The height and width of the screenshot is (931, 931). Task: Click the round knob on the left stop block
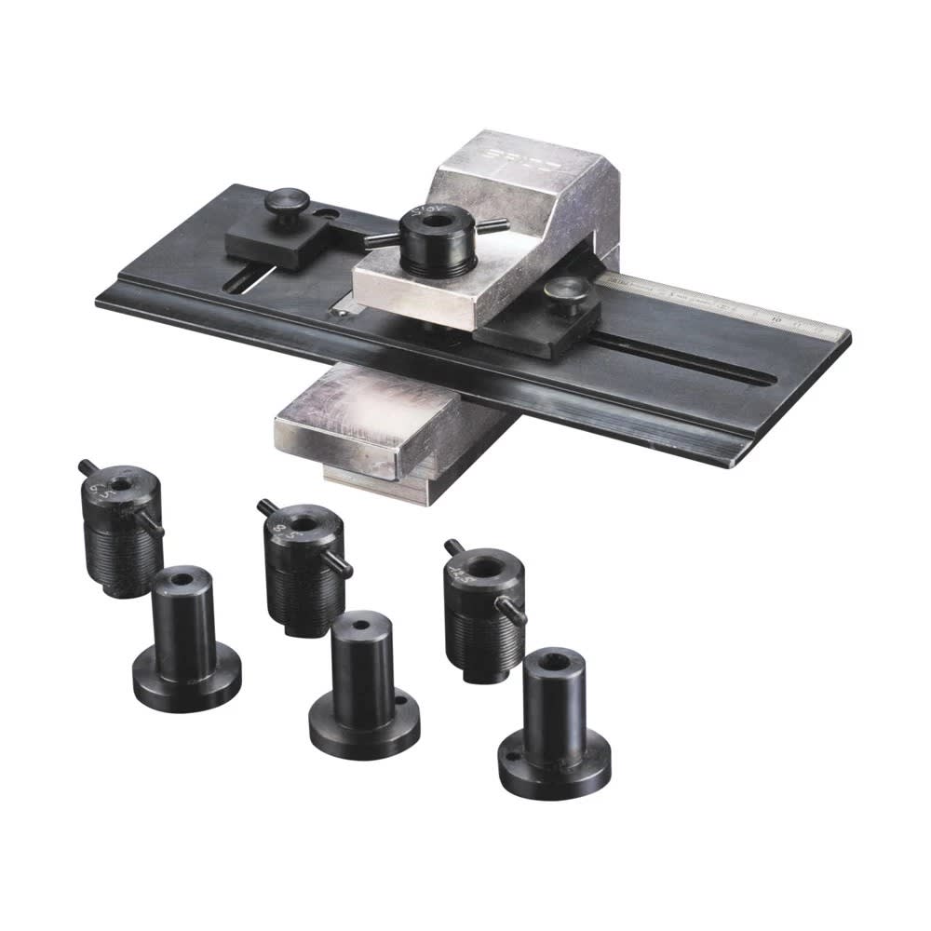pyautogui.click(x=286, y=201)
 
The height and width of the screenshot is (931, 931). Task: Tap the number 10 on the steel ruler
pyautogui.click(x=776, y=317)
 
